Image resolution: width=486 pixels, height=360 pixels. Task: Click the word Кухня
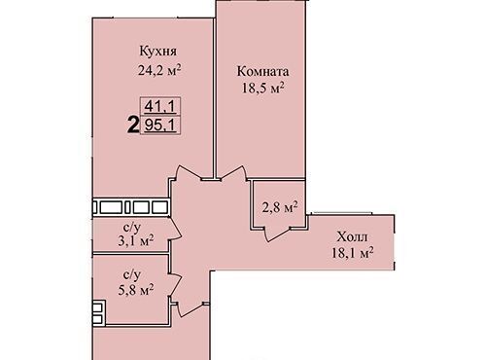tap(158, 52)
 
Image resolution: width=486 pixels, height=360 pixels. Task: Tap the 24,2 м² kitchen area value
tap(159, 70)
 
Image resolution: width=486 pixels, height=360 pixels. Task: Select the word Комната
tap(262, 71)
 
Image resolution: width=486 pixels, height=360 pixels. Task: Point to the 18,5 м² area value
tap(263, 88)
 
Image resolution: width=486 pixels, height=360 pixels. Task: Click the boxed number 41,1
tap(160, 106)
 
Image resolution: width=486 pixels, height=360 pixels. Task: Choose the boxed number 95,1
tap(160, 125)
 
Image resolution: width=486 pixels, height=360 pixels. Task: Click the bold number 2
tap(133, 126)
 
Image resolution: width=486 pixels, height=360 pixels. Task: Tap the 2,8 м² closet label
tap(280, 207)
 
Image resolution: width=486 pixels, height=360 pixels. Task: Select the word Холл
tap(352, 236)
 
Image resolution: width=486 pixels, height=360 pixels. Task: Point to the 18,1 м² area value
tap(352, 253)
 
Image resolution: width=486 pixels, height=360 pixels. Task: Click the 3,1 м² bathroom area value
tap(135, 241)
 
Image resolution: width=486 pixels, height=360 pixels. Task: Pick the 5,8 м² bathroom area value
tap(135, 290)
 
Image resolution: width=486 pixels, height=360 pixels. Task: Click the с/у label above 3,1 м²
tap(133, 228)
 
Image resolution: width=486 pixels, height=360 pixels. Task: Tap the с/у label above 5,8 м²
tap(132, 275)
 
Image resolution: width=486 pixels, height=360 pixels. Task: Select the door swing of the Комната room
tap(232, 171)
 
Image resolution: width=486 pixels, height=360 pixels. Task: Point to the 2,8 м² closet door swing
tap(276, 234)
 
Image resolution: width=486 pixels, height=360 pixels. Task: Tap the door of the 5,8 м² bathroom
tap(176, 284)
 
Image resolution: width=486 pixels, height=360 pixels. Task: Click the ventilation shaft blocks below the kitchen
tap(131, 207)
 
